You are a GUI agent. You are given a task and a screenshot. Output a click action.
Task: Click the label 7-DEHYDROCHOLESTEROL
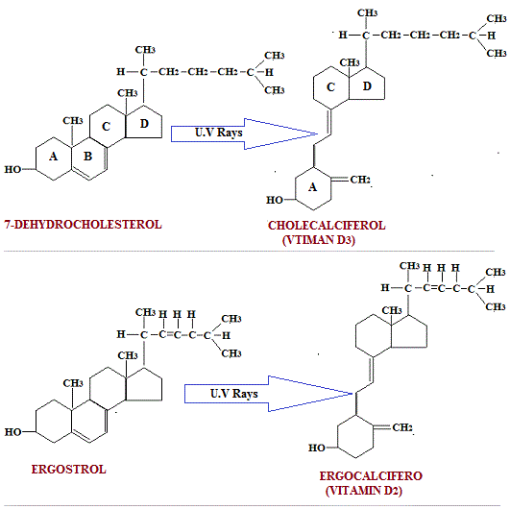pyautogui.click(x=83, y=224)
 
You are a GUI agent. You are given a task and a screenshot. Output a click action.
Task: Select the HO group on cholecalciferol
pyautogui.click(x=275, y=201)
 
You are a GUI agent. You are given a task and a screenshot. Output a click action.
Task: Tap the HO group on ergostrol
pyautogui.click(x=12, y=433)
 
